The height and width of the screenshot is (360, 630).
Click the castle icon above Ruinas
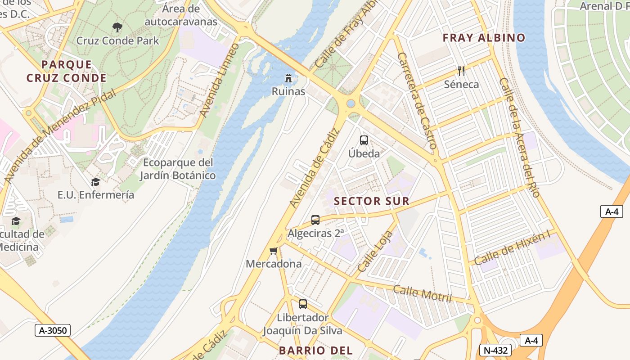tap(288, 78)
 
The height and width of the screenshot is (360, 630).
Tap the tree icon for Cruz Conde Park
tap(117, 27)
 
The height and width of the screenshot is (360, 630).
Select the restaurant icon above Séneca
tap(461, 71)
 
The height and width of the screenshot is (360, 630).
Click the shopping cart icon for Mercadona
tap(273, 251)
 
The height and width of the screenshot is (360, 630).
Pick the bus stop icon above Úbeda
tap(364, 140)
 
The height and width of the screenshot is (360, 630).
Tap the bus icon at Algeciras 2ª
tap(315, 220)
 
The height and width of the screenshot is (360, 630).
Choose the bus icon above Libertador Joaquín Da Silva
tap(303, 304)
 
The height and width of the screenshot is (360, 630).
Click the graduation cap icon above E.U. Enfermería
tap(95, 182)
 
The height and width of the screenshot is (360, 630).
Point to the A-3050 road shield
tap(53, 330)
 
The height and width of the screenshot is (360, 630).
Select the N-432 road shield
tap(495, 350)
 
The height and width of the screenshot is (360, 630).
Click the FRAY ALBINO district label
tap(484, 38)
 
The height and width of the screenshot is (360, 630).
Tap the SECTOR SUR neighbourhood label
tap(372, 201)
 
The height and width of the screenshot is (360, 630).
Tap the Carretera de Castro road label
tap(417, 101)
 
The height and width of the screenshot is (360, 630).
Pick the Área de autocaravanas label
tap(181, 15)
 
